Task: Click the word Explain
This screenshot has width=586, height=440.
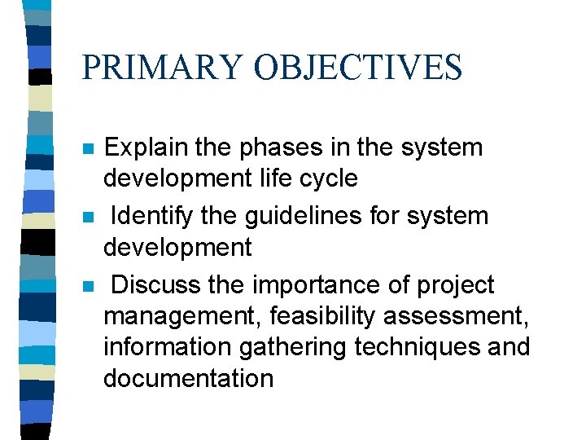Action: (145, 148)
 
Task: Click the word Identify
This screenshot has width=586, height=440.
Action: (147, 217)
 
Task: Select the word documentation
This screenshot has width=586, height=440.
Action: (188, 378)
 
